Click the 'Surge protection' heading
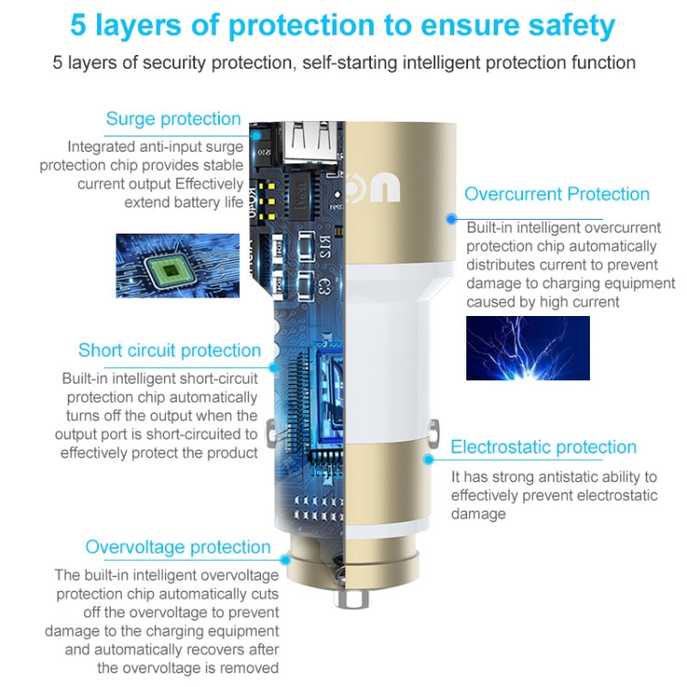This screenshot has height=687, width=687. coord(173,119)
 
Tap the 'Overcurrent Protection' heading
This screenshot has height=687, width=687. coord(557,194)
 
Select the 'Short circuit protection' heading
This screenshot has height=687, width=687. coord(169,351)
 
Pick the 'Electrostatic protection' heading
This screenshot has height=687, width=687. coord(544,447)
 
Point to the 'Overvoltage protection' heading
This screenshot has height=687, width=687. coord(178,547)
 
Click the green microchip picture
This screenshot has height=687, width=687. coord(178,266)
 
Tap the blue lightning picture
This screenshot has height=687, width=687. coord(528,348)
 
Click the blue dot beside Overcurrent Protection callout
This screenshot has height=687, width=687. coord(452,219)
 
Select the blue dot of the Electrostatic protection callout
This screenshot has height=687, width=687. coord(429,459)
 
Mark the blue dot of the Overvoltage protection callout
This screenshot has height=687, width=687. coord(285,560)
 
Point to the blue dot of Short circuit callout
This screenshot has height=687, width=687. coord(274,367)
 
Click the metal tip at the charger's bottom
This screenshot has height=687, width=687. coord(351,597)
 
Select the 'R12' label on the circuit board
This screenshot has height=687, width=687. coord(324,246)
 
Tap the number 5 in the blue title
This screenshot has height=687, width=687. coord(78,25)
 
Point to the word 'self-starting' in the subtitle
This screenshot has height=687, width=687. coord(350,62)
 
